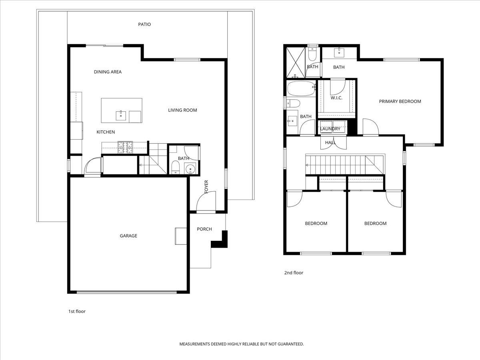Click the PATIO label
coord(144,24)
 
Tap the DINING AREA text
coord(108,72)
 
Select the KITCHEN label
coord(106,132)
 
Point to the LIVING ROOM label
coord(182,110)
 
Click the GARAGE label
coord(128,236)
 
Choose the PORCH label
coord(204,229)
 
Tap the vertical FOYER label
coord(206,187)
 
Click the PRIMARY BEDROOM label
coord(400,102)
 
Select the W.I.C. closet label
coord(336,98)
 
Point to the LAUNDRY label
coord(330,129)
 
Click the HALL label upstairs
coord(330,142)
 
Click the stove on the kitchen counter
coord(125,148)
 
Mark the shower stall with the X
coord(295,62)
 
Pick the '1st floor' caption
coord(77,311)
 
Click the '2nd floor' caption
coord(294,273)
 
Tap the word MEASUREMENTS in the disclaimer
coord(195,344)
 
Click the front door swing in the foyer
coord(207,201)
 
